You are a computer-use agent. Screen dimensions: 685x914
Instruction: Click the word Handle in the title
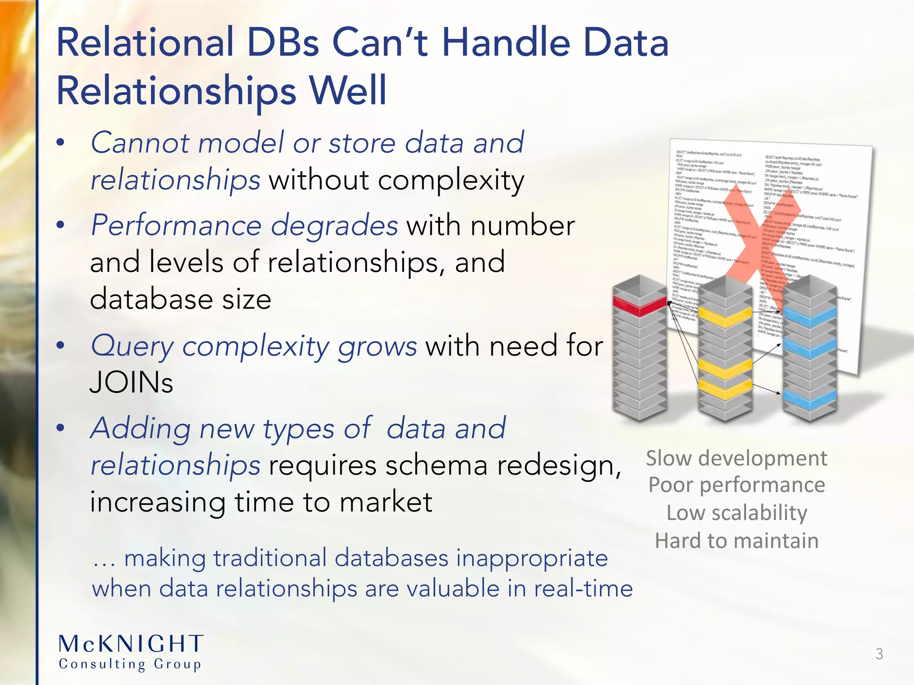tap(506, 43)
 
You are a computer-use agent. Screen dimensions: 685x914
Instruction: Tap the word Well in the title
tap(348, 91)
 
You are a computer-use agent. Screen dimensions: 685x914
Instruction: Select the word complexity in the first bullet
tap(451, 181)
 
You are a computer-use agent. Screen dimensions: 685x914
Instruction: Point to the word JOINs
tap(131, 383)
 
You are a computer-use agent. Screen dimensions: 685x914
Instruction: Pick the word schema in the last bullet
tap(436, 466)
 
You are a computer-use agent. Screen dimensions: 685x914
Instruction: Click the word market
tap(386, 502)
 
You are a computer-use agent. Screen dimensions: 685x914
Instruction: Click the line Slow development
tap(736, 458)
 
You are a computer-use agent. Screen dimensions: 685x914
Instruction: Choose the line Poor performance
tap(736, 485)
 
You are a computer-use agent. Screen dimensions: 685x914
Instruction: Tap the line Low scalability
tap(736, 513)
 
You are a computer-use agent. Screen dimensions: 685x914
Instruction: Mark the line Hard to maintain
tap(736, 541)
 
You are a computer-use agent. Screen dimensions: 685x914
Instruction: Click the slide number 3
tap(879, 654)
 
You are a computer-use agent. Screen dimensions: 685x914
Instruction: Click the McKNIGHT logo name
tap(131, 644)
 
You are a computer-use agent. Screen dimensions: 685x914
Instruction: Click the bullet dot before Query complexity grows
tap(61, 346)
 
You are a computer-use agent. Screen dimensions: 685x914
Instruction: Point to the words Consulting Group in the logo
tap(130, 664)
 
